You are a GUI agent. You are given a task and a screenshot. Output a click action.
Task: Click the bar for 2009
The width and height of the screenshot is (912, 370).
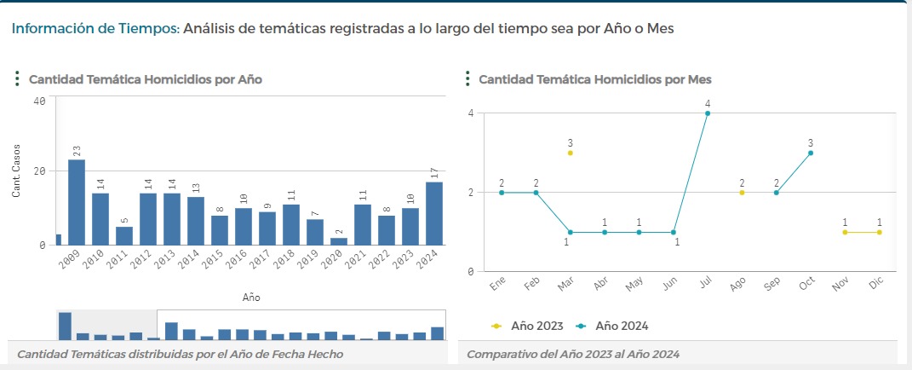coord(77,202)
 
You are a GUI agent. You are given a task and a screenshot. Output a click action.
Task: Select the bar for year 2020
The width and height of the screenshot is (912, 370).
coord(339,241)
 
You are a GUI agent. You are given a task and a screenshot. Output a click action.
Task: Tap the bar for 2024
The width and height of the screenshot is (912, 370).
coord(434,213)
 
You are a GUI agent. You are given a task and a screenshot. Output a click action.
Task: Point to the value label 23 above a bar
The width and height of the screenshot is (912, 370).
coord(77,149)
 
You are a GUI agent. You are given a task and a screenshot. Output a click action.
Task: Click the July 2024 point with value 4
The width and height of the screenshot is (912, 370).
coord(708,113)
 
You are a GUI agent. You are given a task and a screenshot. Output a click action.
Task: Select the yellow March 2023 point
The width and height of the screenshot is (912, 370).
coord(571,153)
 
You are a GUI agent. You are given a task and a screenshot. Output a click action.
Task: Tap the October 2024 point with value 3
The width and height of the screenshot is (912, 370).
coord(811,153)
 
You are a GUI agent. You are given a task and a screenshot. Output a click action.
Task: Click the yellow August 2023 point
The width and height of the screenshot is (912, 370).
coord(742,193)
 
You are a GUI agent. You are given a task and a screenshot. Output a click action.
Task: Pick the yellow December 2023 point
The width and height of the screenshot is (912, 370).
coord(879,232)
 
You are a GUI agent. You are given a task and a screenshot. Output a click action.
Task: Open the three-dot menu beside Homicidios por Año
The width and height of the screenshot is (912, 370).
coord(17,79)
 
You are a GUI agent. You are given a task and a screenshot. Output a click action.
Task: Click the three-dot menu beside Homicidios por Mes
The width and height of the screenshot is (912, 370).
coord(467,79)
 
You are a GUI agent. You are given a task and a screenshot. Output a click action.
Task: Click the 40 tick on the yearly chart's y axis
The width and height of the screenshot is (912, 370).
coord(39,101)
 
